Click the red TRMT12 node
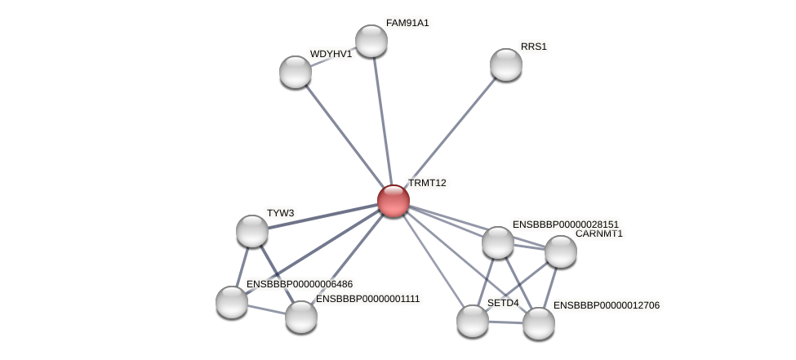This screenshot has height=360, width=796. click(393, 201)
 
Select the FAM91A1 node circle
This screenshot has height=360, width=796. click(371, 41)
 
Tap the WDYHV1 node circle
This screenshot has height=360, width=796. click(296, 72)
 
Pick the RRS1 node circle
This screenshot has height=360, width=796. click(506, 64)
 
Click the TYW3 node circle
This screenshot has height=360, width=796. click(252, 231)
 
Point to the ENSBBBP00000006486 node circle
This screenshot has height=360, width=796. click(232, 302)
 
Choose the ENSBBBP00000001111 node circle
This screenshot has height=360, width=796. click(301, 317)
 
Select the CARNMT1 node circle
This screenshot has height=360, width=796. click(561, 251)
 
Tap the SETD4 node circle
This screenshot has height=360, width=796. click(473, 321)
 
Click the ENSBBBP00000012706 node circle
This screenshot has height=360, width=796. click(539, 323)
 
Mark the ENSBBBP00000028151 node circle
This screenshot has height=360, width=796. click(498, 242)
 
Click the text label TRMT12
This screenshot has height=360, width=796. click(427, 183)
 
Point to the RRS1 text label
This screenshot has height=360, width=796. click(534, 47)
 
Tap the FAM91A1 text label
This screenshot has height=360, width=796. click(407, 23)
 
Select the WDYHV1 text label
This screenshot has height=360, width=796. click(331, 54)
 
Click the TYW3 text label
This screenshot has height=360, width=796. click(280, 213)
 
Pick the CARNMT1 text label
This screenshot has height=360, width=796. click(598, 233)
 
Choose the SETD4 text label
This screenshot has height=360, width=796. click(503, 303)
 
